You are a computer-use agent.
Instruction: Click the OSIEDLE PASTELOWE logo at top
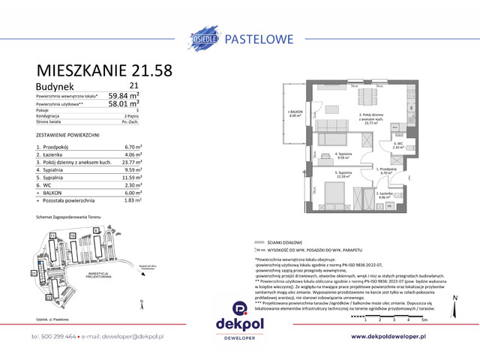239,34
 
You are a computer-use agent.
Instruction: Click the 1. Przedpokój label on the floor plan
387,171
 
